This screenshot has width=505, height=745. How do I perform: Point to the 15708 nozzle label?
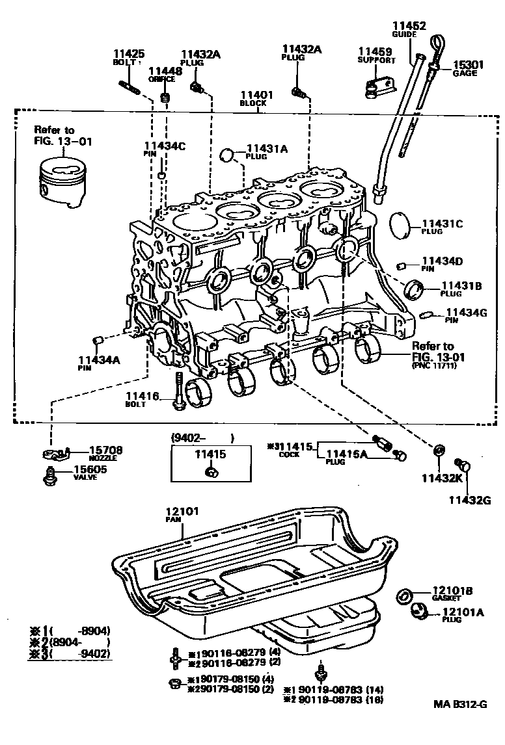pos(105,450)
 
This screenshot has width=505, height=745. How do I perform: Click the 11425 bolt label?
pos(129,54)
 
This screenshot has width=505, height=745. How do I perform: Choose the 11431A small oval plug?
pos(227,155)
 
